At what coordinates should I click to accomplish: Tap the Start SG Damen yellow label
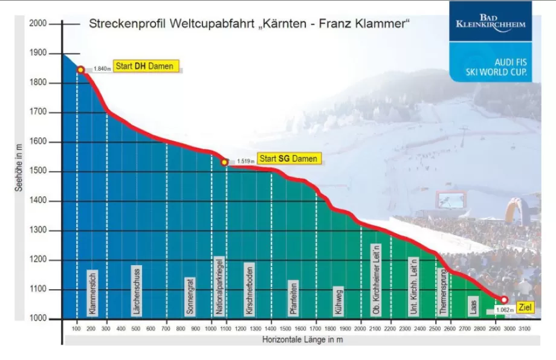click(x=289, y=158)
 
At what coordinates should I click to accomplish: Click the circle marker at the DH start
click(x=80, y=69)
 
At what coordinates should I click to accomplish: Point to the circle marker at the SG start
click(x=224, y=162)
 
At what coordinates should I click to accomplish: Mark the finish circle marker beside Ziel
click(x=504, y=300)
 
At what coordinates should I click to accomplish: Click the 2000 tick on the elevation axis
click(x=37, y=24)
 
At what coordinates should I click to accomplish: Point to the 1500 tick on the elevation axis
click(x=37, y=172)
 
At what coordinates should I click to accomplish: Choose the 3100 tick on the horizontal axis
click(x=525, y=328)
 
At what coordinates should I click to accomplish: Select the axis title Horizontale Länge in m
click(x=302, y=340)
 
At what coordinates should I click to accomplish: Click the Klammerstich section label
click(x=92, y=292)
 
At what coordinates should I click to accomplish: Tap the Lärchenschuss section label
click(x=137, y=290)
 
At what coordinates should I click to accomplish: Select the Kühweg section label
click(x=338, y=300)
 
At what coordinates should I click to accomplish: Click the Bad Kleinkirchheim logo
click(x=491, y=21)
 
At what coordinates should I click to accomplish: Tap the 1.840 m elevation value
click(x=102, y=69)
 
